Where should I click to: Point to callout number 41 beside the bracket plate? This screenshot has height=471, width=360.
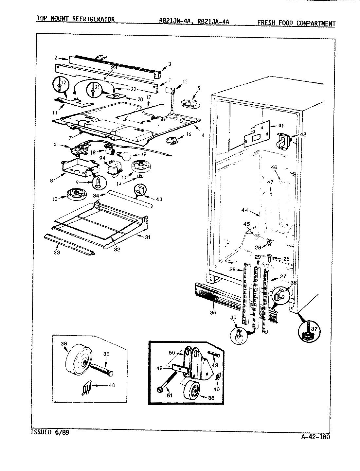tap(281, 126)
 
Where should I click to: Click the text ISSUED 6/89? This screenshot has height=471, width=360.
tap(50, 432)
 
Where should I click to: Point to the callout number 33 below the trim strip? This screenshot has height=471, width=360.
tap(57, 253)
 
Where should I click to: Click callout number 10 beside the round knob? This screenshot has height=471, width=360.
tap(55, 199)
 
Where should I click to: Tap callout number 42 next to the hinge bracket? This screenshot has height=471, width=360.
tap(303, 134)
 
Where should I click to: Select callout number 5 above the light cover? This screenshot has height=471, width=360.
tap(199, 88)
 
